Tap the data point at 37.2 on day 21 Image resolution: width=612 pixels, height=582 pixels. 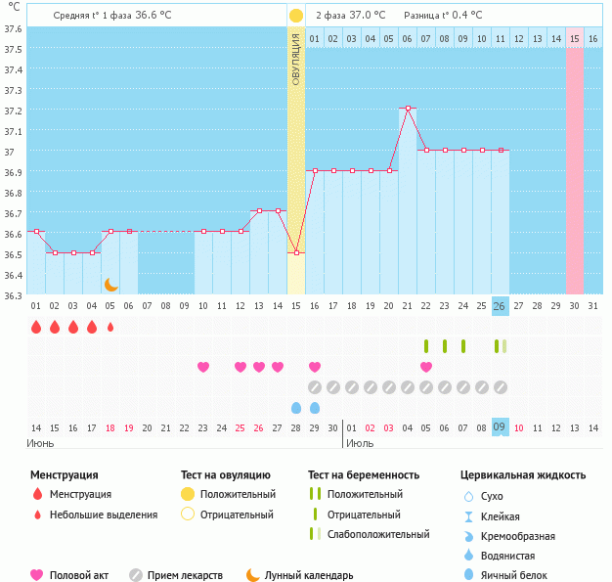(408, 109)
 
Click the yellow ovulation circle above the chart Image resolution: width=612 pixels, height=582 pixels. (296, 16)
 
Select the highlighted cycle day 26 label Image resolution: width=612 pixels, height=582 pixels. (500, 306)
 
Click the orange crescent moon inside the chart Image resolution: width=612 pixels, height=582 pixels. (111, 284)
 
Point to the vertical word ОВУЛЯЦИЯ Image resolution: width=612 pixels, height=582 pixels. (296, 58)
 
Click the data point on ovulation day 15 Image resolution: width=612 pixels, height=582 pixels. (296, 252)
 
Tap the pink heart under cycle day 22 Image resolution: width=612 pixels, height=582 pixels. (426, 367)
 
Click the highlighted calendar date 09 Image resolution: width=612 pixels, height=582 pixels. (500, 426)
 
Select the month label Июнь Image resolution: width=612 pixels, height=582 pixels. (40, 443)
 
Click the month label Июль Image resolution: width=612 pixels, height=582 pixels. (358, 443)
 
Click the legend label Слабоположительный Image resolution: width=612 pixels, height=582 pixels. (379, 534)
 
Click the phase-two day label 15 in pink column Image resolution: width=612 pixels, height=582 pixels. (575, 38)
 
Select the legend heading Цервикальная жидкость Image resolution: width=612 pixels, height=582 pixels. (523, 475)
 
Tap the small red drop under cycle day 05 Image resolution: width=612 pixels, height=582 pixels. (110, 327)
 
